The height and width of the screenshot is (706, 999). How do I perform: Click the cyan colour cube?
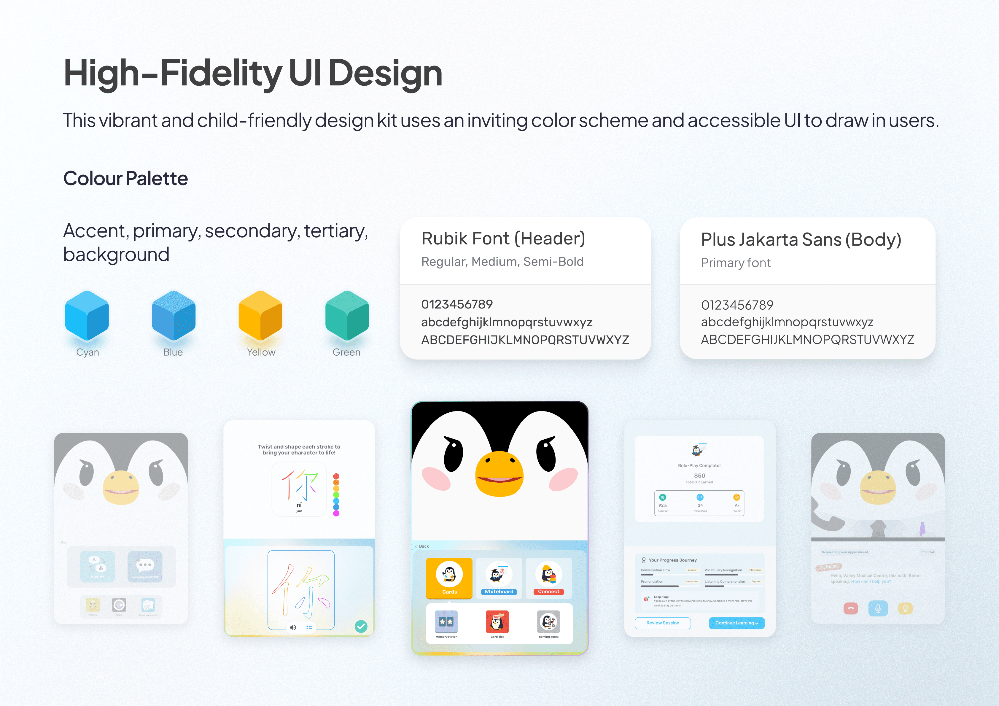coord(87,316)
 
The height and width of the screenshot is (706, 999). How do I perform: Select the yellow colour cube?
coord(260,316)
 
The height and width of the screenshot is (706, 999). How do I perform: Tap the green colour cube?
coord(347,316)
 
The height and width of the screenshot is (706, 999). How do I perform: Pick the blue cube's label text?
coord(173,352)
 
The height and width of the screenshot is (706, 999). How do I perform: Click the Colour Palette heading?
coord(125,179)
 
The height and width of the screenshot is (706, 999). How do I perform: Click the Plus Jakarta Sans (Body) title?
coord(801,239)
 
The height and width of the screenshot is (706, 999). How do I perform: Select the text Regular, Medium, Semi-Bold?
coord(502,262)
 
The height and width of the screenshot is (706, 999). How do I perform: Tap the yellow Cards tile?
coord(449,578)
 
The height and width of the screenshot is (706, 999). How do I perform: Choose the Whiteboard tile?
coord(499,578)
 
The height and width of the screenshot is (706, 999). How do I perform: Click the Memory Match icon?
coord(446,622)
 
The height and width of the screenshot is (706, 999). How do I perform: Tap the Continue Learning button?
coord(736,623)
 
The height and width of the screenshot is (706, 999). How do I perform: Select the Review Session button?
coord(662,623)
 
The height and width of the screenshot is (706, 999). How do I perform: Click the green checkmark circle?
coord(361,626)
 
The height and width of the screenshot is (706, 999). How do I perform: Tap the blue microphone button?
coord(878,608)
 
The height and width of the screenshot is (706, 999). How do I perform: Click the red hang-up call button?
coord(850,608)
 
